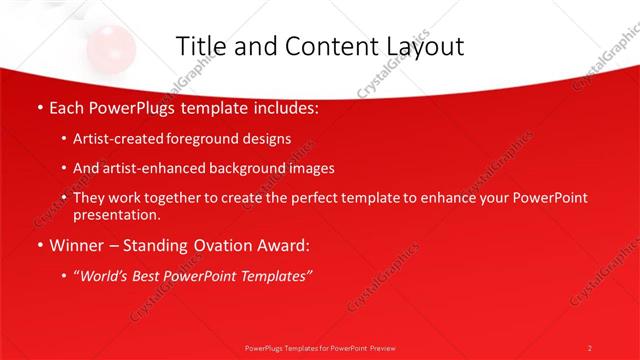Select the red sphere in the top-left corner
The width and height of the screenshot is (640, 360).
(104, 45)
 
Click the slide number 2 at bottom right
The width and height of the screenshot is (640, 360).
(589, 347)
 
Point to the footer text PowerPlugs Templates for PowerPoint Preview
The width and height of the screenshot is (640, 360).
(319, 347)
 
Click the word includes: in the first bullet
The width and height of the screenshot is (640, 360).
(283, 107)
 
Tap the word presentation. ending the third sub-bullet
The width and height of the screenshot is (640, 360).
(117, 215)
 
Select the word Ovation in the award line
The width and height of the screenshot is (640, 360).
(208, 245)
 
